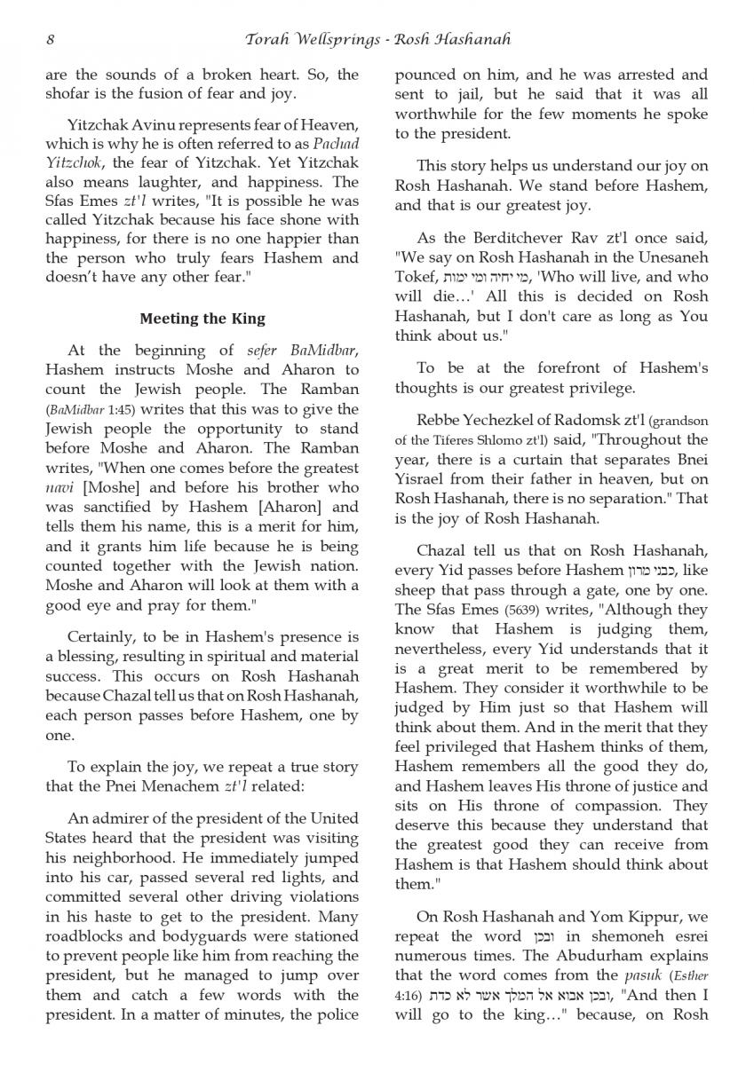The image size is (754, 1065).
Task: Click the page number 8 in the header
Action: point(50,39)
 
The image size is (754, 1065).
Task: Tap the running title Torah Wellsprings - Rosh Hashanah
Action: point(377,39)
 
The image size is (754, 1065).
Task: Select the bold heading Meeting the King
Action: point(202,319)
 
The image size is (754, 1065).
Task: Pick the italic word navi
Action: point(58,488)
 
